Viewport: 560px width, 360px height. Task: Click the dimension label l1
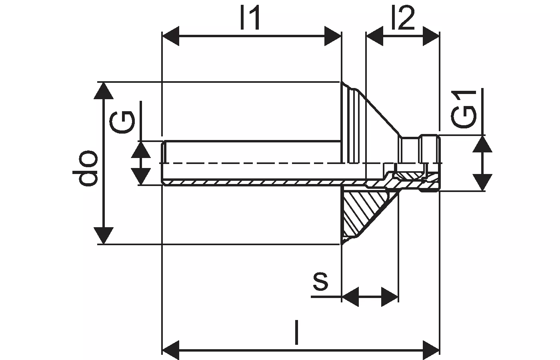(x=250, y=18)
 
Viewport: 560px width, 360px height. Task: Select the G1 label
(x=464, y=110)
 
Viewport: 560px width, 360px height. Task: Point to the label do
(x=85, y=168)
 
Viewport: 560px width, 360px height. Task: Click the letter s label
(x=320, y=282)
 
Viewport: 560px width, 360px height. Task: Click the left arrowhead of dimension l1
(x=171, y=36)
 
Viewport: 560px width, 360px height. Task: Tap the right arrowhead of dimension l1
(x=333, y=36)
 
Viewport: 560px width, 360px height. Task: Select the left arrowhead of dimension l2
(x=375, y=36)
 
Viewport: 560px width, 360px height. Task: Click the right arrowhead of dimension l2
(x=431, y=36)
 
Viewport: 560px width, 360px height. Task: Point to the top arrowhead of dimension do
(x=104, y=90)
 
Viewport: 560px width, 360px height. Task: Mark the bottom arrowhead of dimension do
(x=104, y=236)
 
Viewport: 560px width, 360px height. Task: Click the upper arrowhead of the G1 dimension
(x=482, y=144)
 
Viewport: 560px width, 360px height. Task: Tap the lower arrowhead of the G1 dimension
(x=482, y=182)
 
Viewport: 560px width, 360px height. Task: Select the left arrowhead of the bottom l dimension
(x=171, y=350)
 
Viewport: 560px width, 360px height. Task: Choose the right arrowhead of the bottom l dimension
(x=431, y=350)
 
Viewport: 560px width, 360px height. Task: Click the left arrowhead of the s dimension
(x=350, y=297)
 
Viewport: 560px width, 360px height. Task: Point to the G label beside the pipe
(x=122, y=122)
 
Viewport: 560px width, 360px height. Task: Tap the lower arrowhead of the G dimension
(x=141, y=176)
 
